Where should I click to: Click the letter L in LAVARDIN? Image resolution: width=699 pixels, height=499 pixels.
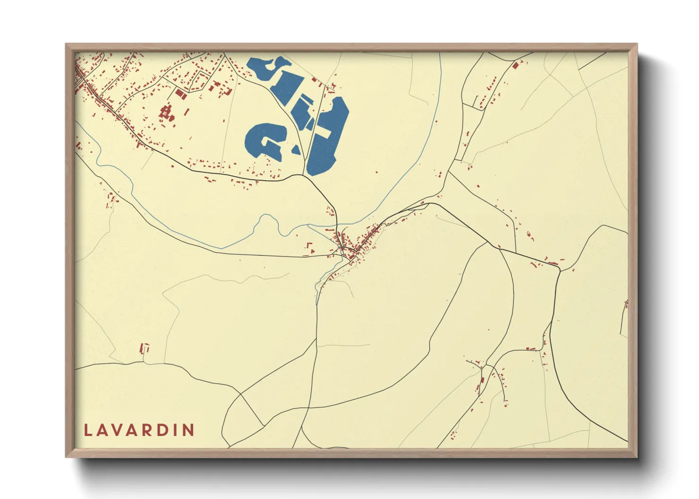coord(87,430)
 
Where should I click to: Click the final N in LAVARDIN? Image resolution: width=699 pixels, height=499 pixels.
coord(188,430)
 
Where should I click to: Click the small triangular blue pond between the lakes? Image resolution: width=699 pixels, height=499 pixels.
coord(296,150)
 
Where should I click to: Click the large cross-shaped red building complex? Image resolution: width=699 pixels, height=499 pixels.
coord(166,113)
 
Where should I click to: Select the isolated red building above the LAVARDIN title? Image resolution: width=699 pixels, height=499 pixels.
coord(145,349)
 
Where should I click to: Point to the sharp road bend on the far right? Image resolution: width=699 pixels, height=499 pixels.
coord(560,270)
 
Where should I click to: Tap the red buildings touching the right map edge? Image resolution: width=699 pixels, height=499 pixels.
coord(626,304)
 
